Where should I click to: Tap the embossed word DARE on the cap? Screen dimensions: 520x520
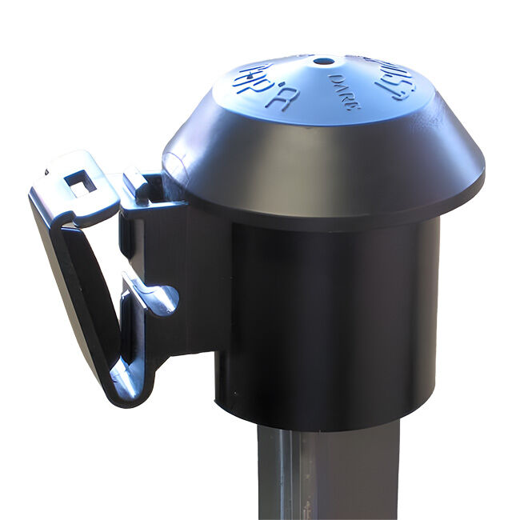coord(344,91)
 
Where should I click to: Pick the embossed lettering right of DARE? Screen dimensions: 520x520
coord(395,79)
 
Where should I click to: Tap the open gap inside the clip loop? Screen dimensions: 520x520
coord(104,280)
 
